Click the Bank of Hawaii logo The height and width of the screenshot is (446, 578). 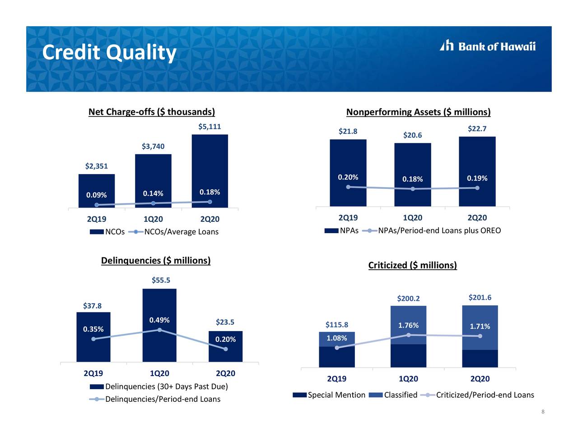pos(488,46)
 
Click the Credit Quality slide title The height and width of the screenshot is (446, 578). pos(109,53)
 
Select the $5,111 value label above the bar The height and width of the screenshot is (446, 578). pos(210,126)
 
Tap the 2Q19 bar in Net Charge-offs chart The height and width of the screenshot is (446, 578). pos(97,191)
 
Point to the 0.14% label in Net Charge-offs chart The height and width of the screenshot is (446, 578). pos(153,193)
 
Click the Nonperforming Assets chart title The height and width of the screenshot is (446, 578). pos(418,112)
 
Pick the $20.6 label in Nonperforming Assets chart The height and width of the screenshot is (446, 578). pos(412,135)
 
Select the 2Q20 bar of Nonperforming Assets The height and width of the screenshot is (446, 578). pos(477,171)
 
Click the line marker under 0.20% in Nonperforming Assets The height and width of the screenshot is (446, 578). pos(348,187)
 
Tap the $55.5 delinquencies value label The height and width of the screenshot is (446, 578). pos(161,280)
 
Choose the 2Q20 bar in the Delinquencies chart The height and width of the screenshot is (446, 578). pos(225,346)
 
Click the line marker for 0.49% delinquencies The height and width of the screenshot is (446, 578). pos(159,330)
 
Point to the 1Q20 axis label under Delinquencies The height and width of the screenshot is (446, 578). pos(159,373)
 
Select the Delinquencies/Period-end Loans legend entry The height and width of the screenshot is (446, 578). pos(155,399)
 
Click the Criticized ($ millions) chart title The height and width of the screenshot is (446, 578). pos(413,265)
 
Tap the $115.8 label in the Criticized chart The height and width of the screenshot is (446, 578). pos(337,325)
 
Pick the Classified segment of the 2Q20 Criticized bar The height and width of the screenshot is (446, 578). pos(480,327)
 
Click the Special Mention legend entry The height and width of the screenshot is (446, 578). pos(329,395)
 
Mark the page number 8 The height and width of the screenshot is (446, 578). pos(543,412)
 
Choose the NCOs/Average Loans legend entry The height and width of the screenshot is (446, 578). pos(173,232)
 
